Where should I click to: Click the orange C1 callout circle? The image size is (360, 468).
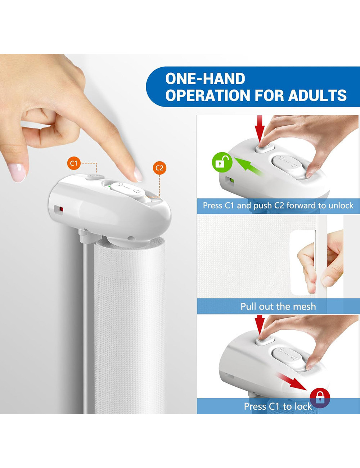click(x=74, y=163)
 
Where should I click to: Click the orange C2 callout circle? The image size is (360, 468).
click(x=159, y=168)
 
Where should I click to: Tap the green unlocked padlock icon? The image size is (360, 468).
click(x=222, y=162)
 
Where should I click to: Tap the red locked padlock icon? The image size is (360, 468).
click(x=320, y=398)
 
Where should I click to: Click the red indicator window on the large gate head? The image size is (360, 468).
click(x=61, y=209)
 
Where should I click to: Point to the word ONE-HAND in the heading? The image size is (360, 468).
click(x=205, y=78)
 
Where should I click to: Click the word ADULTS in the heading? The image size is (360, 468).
click(x=318, y=95)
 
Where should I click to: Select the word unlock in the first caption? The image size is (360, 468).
click(x=341, y=206)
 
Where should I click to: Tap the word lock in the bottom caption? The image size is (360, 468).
click(x=304, y=406)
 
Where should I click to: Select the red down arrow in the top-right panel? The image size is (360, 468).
click(x=260, y=129)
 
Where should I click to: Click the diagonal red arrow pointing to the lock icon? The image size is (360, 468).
click(x=292, y=382)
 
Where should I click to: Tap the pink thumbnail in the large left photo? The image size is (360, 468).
click(x=17, y=173)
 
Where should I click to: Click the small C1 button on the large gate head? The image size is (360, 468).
click(x=95, y=177)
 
